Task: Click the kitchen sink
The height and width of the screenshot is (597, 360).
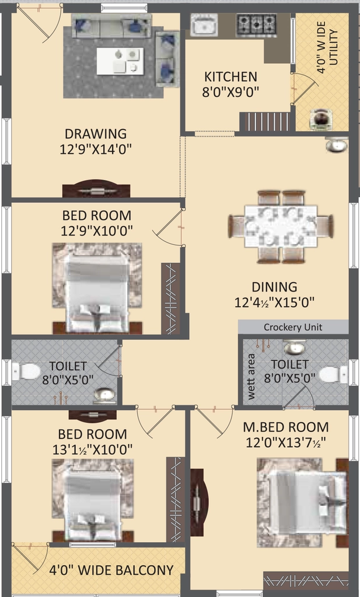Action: point(204,25)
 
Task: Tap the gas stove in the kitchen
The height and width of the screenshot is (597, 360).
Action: point(256,25)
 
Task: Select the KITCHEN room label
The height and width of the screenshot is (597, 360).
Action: point(230,77)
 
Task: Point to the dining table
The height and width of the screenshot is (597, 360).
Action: point(281,227)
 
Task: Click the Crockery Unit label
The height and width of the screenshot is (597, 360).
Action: point(293,327)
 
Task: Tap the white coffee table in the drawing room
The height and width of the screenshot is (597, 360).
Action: point(120,61)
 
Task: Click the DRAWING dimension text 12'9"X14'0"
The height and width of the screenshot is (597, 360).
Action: point(96,149)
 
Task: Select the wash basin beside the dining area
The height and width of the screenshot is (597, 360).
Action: point(337,145)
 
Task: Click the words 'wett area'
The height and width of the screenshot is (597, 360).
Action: point(251,377)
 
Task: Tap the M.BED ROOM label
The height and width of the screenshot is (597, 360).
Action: point(286,427)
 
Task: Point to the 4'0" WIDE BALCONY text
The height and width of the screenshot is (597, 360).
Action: point(111,570)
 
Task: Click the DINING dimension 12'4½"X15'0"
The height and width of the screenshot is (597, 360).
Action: point(274,303)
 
